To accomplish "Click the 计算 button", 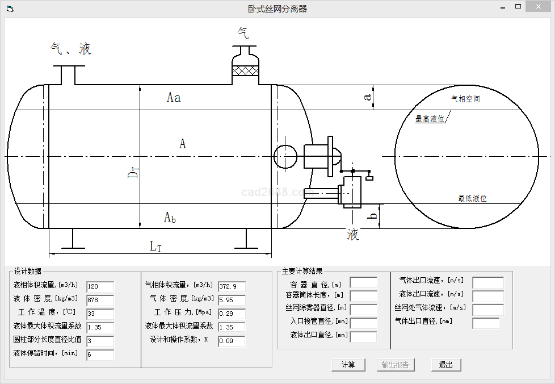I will point(348,365).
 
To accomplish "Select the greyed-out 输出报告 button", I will point(395,365).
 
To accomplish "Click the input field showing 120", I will point(100,287).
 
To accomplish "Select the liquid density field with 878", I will point(100,300).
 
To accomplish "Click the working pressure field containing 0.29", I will point(232,314).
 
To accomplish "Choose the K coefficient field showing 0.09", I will point(232,341).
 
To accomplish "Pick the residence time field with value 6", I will point(100,355).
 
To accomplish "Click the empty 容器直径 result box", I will point(363,282).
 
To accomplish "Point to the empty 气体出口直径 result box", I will point(486,323).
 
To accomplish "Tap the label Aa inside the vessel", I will point(174,98).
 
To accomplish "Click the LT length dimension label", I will point(156,246).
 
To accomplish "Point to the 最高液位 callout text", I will point(430,119).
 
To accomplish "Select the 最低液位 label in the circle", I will point(472,198).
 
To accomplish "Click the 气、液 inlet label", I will point(71,49).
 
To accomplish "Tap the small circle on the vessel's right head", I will point(285,156).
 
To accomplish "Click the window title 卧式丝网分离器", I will point(277,9).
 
